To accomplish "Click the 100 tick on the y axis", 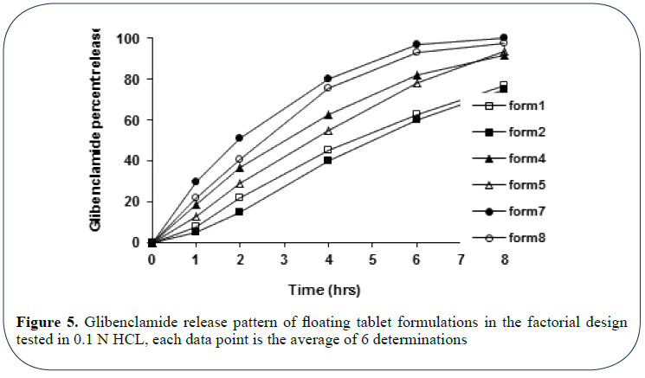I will coord(129,39).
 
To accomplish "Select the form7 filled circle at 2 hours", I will coord(240,138).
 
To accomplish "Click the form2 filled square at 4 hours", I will coord(328,160).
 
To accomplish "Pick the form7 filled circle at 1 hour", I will coord(196,182).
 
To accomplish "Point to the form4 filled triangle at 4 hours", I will coord(328,115).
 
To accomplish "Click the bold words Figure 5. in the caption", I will coord(48,323).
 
